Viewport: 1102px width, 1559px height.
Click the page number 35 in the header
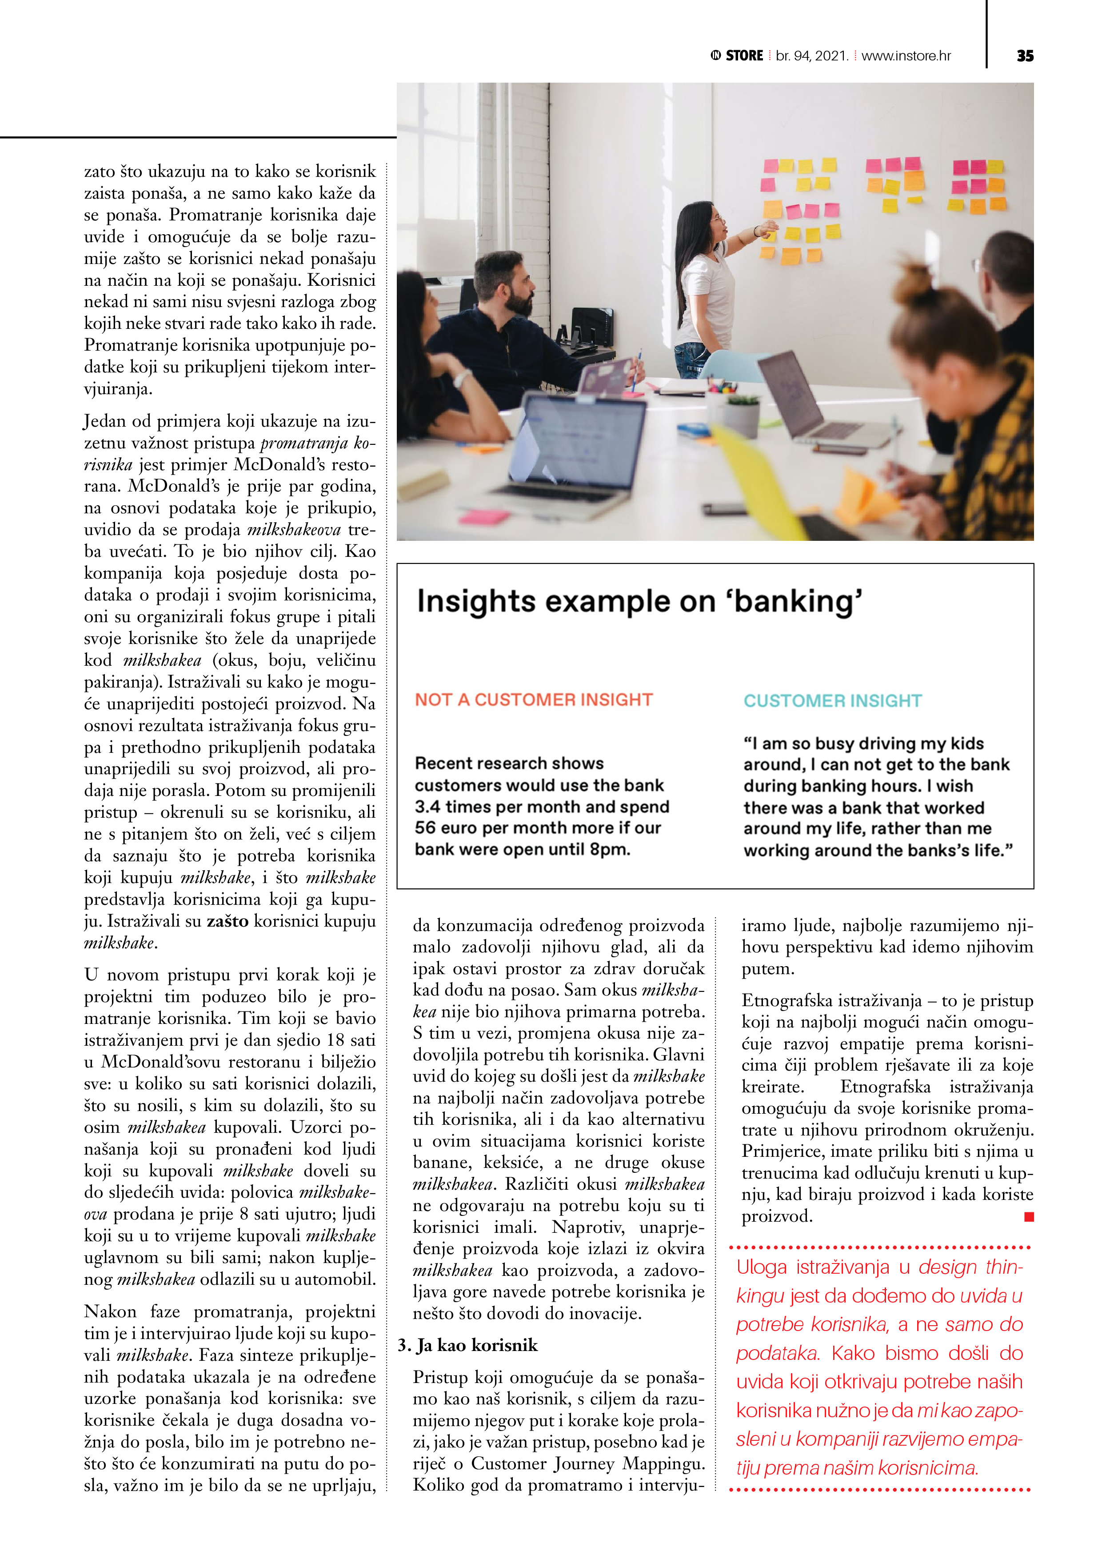(1025, 56)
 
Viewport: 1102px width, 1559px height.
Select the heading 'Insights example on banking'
(639, 602)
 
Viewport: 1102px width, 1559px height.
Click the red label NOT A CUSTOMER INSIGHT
(534, 700)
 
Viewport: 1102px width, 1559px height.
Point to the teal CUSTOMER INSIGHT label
(832, 701)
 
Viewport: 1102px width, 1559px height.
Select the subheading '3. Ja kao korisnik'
(468, 1345)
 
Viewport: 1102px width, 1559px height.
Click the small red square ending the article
(1029, 1217)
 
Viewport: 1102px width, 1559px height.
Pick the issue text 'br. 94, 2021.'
(812, 56)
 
